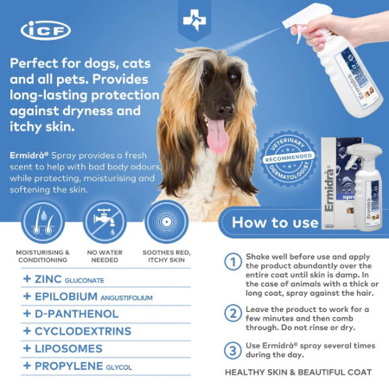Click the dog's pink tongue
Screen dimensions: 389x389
point(214,137)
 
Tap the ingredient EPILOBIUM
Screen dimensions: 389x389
point(69,297)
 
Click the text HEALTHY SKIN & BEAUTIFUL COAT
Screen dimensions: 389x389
point(298,373)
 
